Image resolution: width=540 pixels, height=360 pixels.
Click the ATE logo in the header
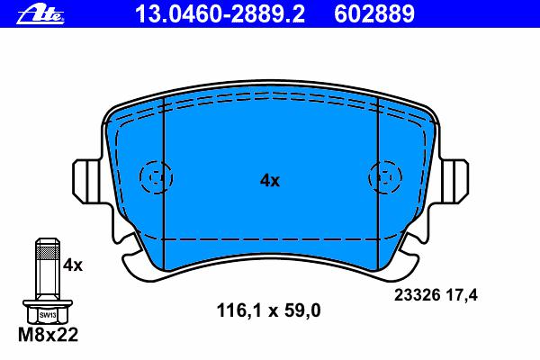[x=40, y=14]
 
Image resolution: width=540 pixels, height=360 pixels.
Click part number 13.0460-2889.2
[x=220, y=14]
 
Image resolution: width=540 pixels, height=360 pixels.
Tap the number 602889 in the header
[x=374, y=14]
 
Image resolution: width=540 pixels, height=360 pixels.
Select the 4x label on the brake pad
[x=270, y=180]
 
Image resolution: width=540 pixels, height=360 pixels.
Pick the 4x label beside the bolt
[x=73, y=265]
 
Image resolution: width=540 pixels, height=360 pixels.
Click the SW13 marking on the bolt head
[x=48, y=314]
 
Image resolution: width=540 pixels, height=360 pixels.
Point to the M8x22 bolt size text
[x=49, y=335]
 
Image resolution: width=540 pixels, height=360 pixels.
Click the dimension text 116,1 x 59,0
[x=268, y=310]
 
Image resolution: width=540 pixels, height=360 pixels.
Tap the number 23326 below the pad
[x=417, y=295]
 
